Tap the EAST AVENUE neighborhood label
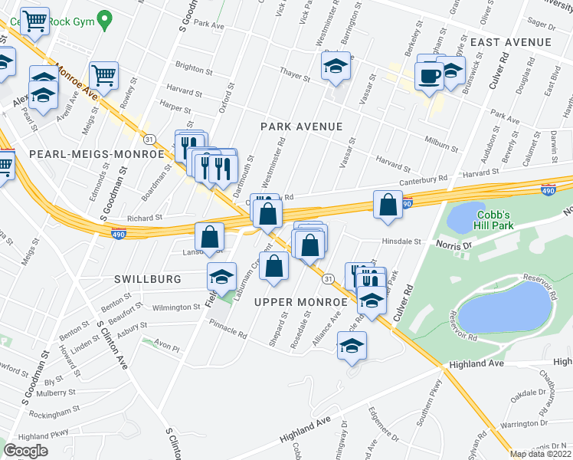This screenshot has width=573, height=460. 511,41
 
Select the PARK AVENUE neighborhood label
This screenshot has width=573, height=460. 300,126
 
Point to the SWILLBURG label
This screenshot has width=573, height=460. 149,279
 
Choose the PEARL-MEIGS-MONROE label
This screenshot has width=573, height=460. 97,154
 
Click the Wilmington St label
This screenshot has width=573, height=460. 175,307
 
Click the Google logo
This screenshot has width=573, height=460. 25,451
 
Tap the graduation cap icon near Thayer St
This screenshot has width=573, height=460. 336,68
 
